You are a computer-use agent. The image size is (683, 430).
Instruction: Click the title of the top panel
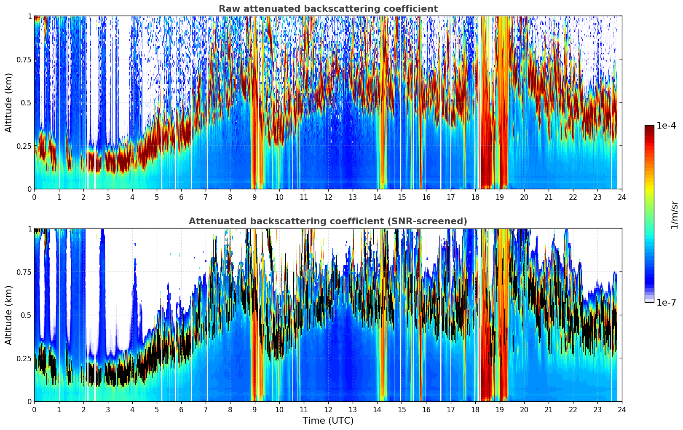(x=328, y=9)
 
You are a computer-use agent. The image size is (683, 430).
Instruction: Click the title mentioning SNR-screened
(x=328, y=221)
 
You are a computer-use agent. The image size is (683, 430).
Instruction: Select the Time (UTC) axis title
(x=328, y=420)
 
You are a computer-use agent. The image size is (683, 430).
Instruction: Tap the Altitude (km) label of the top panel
(x=9, y=102)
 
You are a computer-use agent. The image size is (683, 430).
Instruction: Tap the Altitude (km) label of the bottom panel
(x=9, y=315)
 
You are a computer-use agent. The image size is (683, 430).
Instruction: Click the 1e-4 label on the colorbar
(x=666, y=126)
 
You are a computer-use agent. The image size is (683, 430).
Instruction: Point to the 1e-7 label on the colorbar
(x=666, y=302)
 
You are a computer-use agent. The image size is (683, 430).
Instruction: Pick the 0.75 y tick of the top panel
(x=24, y=59)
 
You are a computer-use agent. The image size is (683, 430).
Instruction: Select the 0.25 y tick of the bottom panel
(x=24, y=358)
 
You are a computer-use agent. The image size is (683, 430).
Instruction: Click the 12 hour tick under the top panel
(x=328, y=197)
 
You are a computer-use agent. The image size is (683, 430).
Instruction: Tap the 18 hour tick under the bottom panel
(x=475, y=409)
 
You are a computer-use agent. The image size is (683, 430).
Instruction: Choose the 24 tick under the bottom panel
(x=622, y=409)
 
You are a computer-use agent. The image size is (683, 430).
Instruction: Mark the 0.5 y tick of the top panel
(x=26, y=102)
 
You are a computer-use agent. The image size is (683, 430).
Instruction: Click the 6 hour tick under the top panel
(x=181, y=197)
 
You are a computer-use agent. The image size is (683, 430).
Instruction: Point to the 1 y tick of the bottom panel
(x=29, y=228)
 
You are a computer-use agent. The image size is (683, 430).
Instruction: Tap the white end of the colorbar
(x=649, y=301)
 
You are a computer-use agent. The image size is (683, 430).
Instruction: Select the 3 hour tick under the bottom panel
(x=108, y=409)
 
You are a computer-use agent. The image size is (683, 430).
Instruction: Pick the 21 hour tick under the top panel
(x=548, y=197)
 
